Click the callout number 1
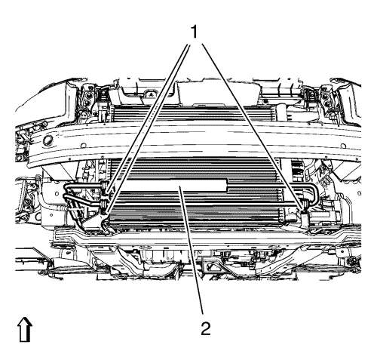[194, 32]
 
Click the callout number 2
[206, 328]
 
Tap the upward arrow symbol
[25, 330]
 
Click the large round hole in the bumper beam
[48, 140]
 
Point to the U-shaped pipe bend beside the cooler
[314, 193]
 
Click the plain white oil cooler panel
[176, 186]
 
